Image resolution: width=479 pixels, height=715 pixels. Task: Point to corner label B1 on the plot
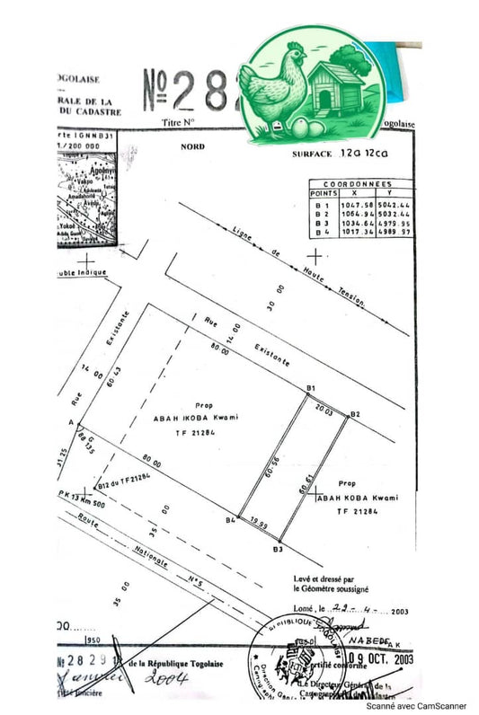tap(310, 387)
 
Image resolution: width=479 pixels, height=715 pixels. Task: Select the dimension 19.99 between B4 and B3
tap(259, 519)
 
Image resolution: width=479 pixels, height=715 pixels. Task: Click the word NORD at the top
tap(192, 146)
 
